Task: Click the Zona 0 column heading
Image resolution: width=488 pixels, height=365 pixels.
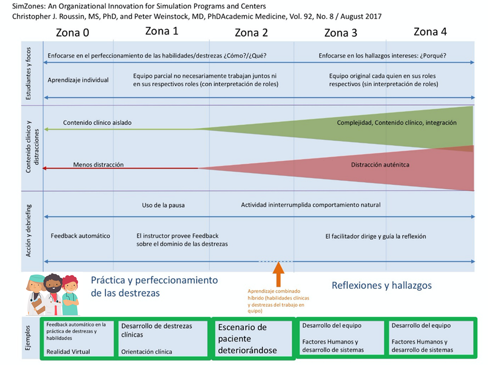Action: (72, 32)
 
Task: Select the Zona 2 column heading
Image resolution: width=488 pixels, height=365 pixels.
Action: (251, 32)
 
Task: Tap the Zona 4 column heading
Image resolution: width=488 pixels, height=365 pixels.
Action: (430, 32)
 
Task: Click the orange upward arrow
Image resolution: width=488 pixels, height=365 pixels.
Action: (278, 274)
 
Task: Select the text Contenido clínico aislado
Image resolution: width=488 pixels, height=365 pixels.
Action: (97, 123)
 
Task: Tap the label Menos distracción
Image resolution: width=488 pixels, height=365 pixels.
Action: (98, 165)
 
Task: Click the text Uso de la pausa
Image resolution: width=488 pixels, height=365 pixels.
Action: (163, 205)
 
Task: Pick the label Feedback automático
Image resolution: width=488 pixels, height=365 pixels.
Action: (80, 236)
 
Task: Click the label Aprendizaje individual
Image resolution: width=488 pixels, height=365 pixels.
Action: (78, 80)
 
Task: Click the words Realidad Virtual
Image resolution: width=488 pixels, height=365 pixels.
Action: (68, 352)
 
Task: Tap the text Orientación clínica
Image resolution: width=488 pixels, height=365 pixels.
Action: (146, 352)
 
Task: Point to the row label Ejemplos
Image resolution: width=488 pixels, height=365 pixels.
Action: (29, 338)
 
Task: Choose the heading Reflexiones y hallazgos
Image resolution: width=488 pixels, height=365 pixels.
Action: (382, 285)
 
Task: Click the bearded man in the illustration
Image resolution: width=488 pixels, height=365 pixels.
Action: (53, 293)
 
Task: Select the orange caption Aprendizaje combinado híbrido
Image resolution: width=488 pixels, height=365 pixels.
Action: (278, 298)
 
